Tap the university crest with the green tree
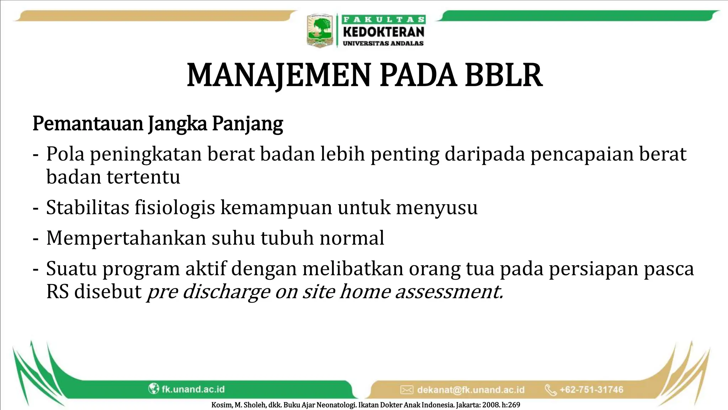320,31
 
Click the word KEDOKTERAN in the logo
384,32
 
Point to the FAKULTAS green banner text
384,20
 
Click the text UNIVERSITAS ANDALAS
383,43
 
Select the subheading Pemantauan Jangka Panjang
158,124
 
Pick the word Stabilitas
87,207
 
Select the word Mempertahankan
126,238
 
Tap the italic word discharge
226,292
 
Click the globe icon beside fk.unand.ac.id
153,389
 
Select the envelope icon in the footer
407,390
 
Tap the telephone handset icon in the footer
550,390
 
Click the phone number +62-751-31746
591,389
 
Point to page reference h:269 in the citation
511,405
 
